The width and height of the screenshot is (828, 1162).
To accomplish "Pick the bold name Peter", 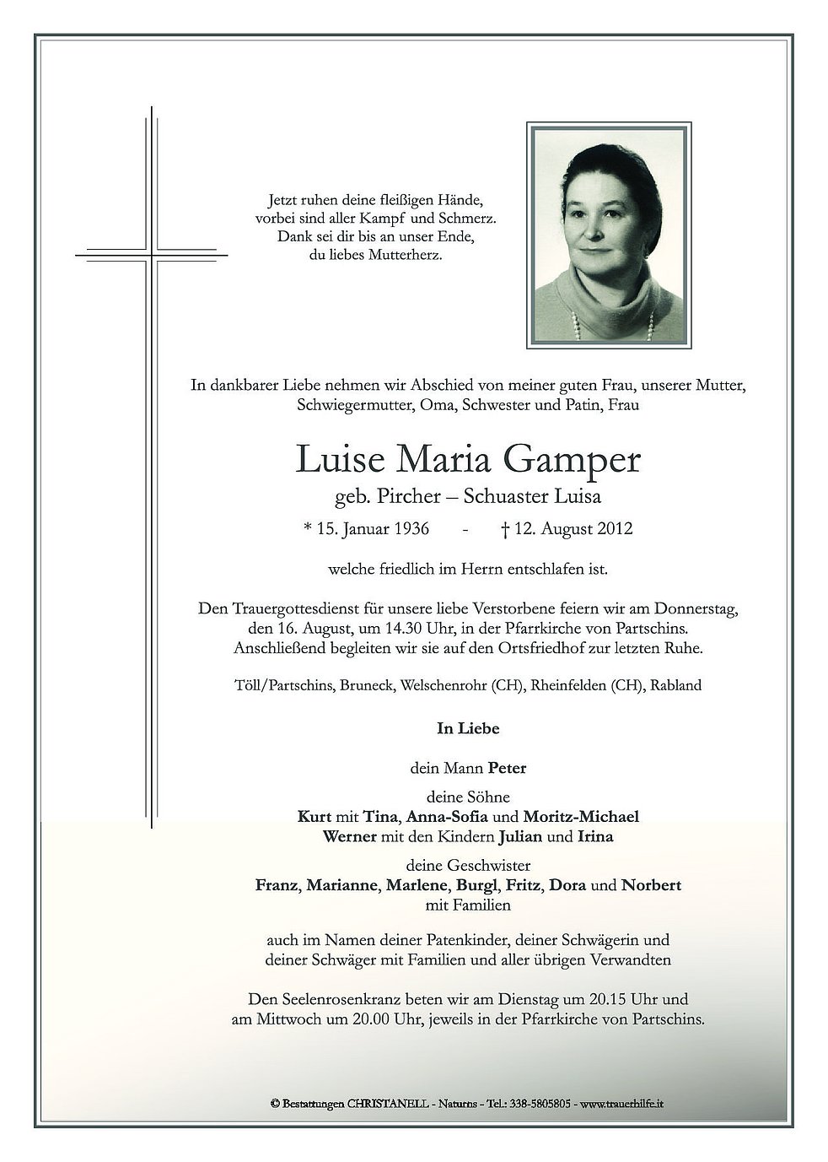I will click(506, 768).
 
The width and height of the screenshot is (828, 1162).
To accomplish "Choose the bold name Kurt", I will click(314, 816).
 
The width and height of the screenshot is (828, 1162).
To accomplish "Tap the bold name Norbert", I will click(651, 885).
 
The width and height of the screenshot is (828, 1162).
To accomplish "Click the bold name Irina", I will click(594, 837).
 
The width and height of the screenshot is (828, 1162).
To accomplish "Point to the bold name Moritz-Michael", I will click(581, 816).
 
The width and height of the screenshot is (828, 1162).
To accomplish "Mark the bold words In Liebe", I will click(467, 727).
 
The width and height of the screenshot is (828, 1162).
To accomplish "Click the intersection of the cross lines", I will click(153, 252).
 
